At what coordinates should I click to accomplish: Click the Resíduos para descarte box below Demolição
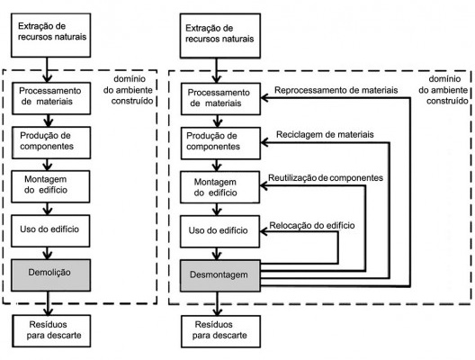(x=49, y=328)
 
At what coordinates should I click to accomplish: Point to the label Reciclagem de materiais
(x=325, y=133)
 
